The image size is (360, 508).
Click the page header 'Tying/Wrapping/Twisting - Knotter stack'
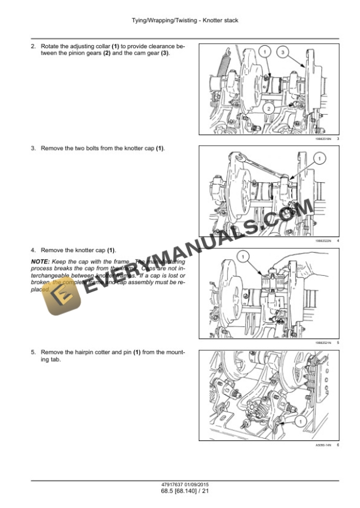point(180,21)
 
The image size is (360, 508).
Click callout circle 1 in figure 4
point(318,158)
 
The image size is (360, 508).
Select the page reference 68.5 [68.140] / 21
point(180,491)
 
